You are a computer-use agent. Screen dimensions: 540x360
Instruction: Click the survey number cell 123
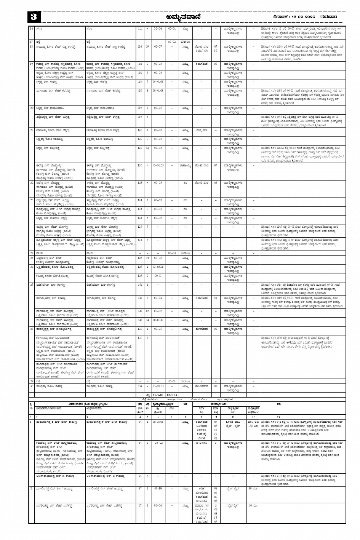click(x=140, y=183)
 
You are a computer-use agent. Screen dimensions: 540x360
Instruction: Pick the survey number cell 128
click(x=140, y=258)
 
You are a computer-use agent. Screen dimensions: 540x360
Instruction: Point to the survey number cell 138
click(x=140, y=386)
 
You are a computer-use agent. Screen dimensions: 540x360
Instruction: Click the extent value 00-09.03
click(x=158, y=386)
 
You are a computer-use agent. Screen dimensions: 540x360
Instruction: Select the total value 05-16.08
click(x=158, y=395)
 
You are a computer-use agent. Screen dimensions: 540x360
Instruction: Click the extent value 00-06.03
click(x=158, y=165)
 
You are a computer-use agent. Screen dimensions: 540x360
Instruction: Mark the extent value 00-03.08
click(x=158, y=267)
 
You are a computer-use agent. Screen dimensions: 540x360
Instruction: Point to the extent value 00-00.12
click(x=158, y=320)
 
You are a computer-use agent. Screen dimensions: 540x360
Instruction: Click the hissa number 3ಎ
click(x=147, y=148)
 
